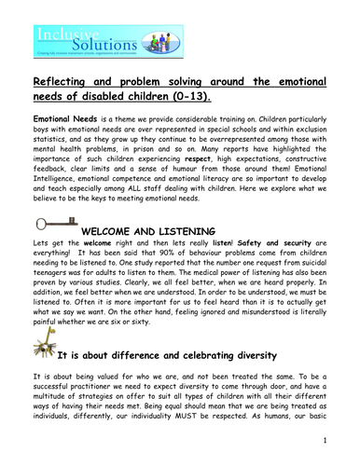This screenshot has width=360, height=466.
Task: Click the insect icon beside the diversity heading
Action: coord(43,380)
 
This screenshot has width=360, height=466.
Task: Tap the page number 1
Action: coord(347,463)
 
